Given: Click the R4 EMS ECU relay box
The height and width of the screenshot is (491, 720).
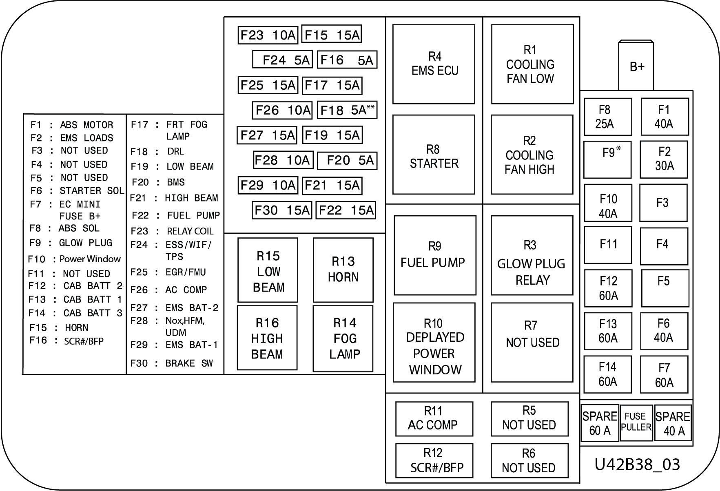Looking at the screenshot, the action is pyautogui.click(x=434, y=64).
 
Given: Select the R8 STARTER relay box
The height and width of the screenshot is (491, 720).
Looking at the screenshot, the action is pyautogui.click(x=434, y=155).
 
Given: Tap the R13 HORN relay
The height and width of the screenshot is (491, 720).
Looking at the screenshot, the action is pyautogui.click(x=343, y=270).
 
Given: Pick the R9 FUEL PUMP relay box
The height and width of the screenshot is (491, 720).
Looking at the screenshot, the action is pyautogui.click(x=435, y=255).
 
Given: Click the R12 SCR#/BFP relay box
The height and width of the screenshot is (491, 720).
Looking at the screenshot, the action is pyautogui.click(x=434, y=460).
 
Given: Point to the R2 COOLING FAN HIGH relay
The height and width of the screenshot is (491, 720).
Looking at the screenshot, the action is pyautogui.click(x=532, y=155).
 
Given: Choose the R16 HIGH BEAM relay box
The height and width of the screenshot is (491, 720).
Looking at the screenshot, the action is pyautogui.click(x=267, y=338).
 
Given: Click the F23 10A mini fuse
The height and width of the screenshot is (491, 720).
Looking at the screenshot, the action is pyautogui.click(x=268, y=35).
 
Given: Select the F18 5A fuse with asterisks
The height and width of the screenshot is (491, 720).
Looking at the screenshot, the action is pyautogui.click(x=347, y=110).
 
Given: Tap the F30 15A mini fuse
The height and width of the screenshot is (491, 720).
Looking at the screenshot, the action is pyautogui.click(x=282, y=210).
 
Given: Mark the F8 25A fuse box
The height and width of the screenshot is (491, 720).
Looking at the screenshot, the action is pyautogui.click(x=608, y=117).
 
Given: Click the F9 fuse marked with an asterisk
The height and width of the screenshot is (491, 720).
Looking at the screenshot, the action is pyautogui.click(x=607, y=159).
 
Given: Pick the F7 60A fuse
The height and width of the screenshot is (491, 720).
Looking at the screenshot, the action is pyautogui.click(x=664, y=374).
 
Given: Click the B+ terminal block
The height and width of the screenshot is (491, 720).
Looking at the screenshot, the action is pyautogui.click(x=636, y=65).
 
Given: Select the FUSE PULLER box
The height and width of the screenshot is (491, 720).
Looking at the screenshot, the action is pyautogui.click(x=636, y=422).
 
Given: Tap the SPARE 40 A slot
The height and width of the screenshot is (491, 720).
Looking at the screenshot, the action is pyautogui.click(x=673, y=422).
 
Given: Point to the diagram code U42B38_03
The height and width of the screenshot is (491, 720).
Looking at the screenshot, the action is pyautogui.click(x=637, y=464).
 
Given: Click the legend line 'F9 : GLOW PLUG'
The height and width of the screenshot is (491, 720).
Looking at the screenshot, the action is pyautogui.click(x=71, y=243).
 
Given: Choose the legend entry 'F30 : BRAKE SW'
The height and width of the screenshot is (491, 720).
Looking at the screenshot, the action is pyautogui.click(x=172, y=363).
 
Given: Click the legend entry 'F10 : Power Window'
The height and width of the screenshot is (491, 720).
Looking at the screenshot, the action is pyautogui.click(x=74, y=259).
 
